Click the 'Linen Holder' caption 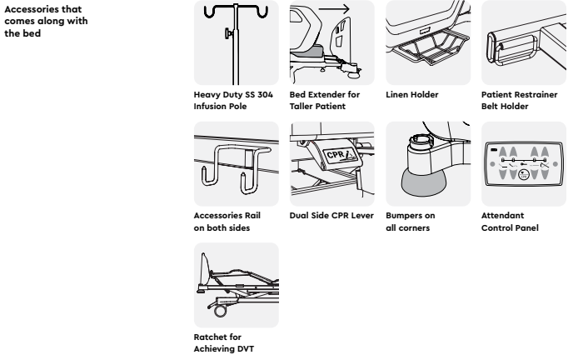tap(411, 95)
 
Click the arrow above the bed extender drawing tap(334, 9)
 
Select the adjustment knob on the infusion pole tap(229, 34)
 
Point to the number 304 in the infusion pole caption tap(265, 95)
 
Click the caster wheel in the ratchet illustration tap(220, 311)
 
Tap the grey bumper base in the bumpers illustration tap(425, 184)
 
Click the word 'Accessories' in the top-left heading tap(31, 9)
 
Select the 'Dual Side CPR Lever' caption tap(331, 216)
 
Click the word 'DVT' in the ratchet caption tap(246, 349)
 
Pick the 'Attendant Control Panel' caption tap(510, 222)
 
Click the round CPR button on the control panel tap(524, 175)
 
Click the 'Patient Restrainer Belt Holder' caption tap(520, 101)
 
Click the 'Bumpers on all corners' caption tap(410, 222)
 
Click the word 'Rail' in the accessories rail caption tap(252, 216)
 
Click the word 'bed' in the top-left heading tap(32, 33)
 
